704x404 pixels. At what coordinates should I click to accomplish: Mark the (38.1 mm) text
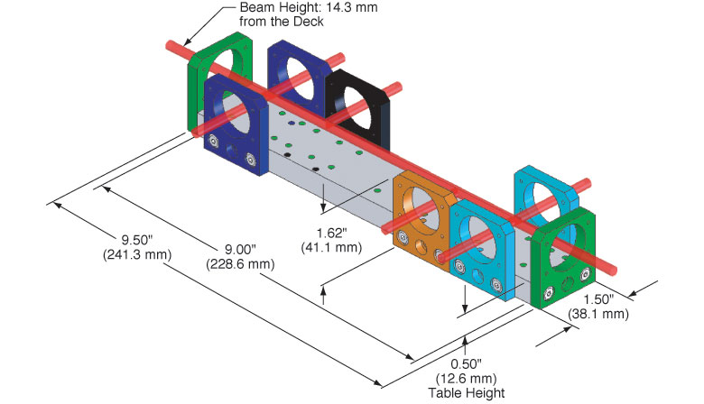597,314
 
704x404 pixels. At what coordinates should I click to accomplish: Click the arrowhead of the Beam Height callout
188,42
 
